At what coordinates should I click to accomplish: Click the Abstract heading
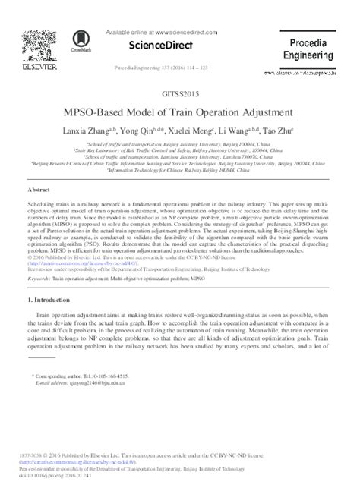[x=39, y=189]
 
